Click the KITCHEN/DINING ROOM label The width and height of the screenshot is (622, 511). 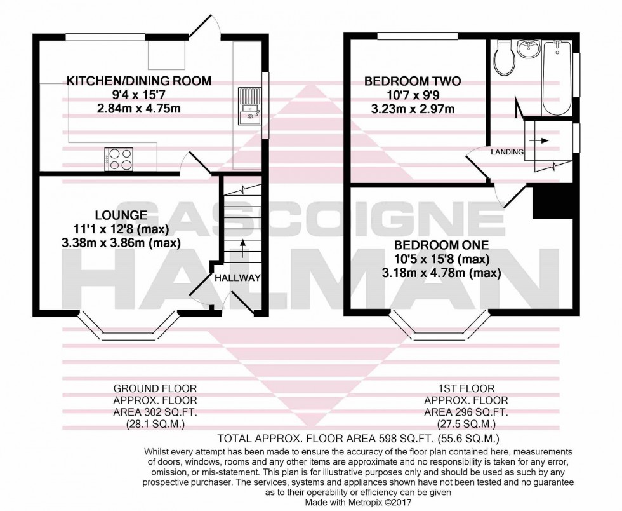tap(139, 81)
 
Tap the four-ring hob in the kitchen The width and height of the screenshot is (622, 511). tap(120, 159)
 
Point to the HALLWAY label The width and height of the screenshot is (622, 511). tap(237, 278)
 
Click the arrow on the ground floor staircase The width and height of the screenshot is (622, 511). tap(242, 248)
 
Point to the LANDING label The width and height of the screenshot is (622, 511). tap(506, 152)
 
